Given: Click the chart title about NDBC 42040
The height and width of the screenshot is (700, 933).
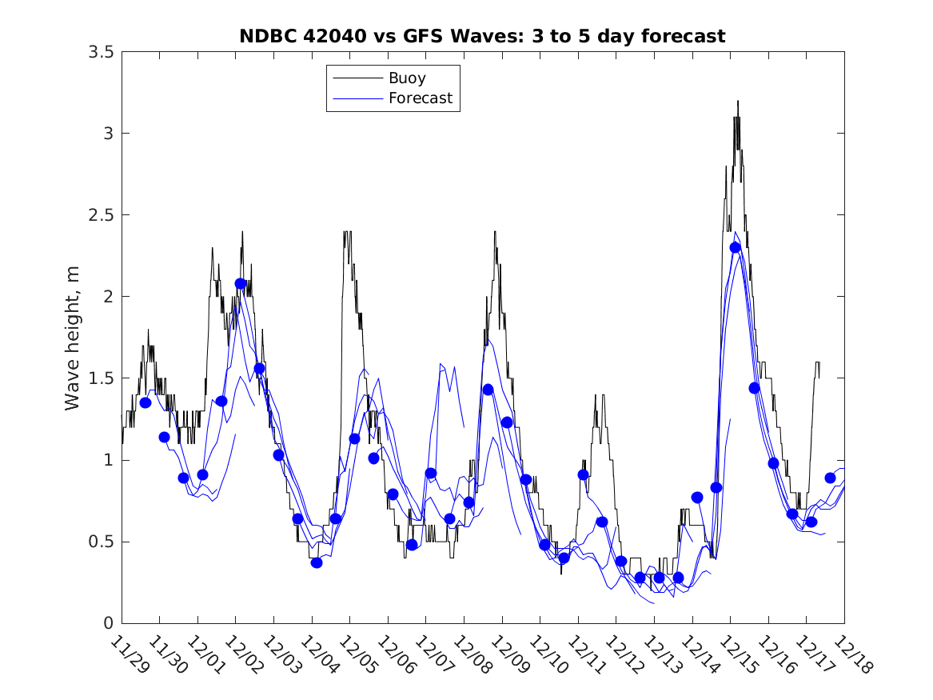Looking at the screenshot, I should click(x=482, y=36).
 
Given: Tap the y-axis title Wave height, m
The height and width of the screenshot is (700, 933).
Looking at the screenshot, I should click(x=73, y=338).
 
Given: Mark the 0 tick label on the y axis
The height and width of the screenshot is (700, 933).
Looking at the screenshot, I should click(x=107, y=623).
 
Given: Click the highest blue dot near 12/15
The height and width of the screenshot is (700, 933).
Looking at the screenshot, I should click(x=736, y=247).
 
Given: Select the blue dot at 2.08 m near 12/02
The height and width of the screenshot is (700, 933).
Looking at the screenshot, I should click(x=241, y=283).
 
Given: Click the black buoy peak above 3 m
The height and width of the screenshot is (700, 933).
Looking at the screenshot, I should click(x=738, y=102).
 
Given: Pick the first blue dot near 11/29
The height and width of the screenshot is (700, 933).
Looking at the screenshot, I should click(x=146, y=402).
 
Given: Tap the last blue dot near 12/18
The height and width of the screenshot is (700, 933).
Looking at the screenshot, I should click(x=830, y=478).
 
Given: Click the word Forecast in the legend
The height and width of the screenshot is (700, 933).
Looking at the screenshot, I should click(x=420, y=98).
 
